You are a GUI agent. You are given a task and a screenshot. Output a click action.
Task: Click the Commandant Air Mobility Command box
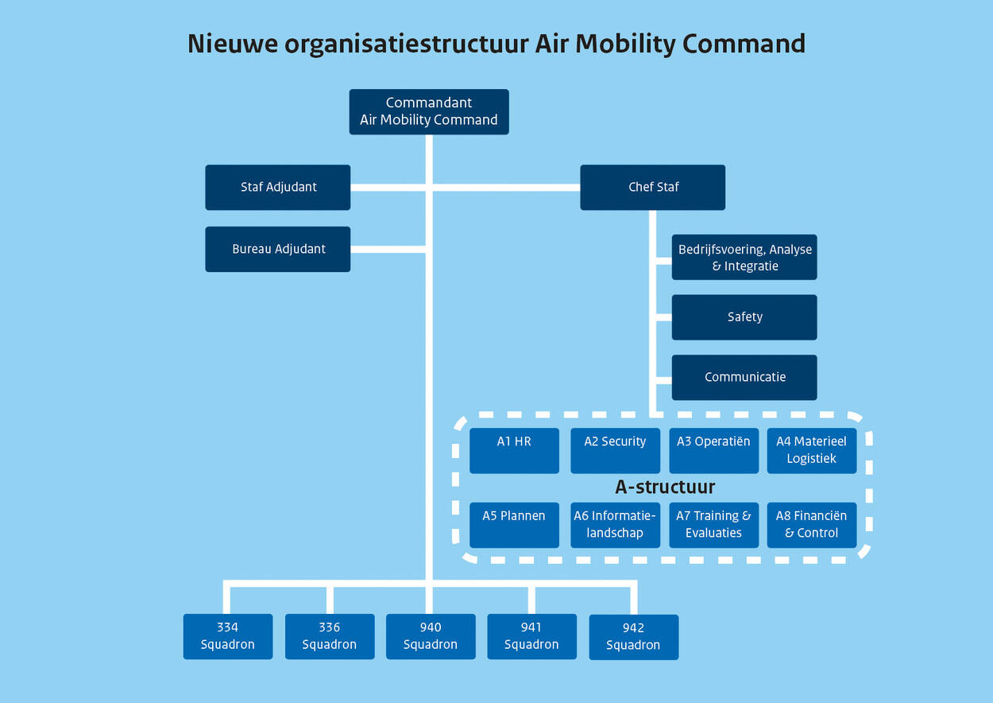tap(429, 111)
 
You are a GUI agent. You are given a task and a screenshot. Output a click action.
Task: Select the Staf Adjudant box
tap(278, 188)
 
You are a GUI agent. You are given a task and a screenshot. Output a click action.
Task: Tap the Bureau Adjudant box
tap(278, 249)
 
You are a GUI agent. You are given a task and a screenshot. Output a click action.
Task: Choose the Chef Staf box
tap(653, 188)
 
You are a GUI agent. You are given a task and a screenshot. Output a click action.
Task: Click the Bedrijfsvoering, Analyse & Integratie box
tap(744, 257)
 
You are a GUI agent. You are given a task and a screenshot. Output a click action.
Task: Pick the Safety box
tap(744, 317)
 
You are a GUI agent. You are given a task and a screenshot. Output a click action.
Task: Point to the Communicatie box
tap(744, 377)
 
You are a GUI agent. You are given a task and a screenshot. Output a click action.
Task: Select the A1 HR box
tap(514, 451)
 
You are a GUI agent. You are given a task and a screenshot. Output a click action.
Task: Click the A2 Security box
tap(615, 451)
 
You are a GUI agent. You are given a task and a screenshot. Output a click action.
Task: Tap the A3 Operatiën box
tap(713, 451)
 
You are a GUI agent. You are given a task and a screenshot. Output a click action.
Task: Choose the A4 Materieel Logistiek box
tap(811, 451)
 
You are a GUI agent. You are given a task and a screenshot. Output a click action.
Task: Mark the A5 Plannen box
tap(514, 525)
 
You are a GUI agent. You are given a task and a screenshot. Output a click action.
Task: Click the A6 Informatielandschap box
tap(615, 525)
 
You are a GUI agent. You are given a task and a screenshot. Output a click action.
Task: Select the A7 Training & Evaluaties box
tap(713, 525)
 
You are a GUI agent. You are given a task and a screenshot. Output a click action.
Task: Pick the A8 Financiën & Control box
tap(811, 525)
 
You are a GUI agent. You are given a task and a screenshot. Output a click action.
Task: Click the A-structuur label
tap(665, 487)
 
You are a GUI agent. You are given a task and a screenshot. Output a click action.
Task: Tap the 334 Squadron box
tap(228, 636)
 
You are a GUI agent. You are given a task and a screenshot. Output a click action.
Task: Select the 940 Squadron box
tap(431, 636)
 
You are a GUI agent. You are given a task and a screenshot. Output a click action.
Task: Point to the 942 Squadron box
tap(633, 637)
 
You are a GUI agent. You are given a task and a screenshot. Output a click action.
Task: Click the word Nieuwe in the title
tap(233, 44)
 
